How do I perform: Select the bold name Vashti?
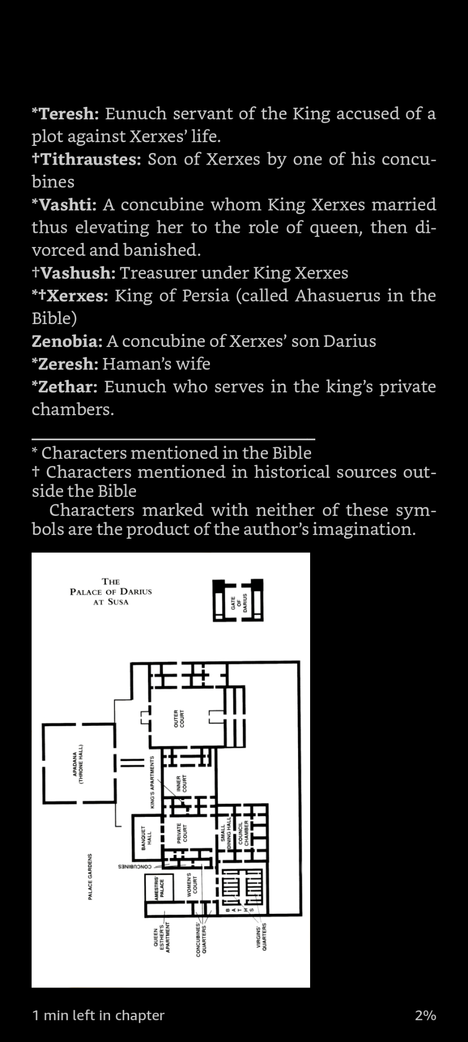pyautogui.click(x=68, y=205)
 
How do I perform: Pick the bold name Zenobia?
pyautogui.click(x=67, y=341)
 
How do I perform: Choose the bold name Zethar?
pyautogui.click(x=68, y=387)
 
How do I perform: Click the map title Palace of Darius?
pyautogui.click(x=111, y=591)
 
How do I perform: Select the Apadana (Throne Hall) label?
pyautogui.click(x=78, y=767)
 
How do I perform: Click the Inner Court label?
pyautogui.click(x=181, y=784)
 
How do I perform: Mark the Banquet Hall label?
pyautogui.click(x=146, y=838)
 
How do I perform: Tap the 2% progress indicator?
pyautogui.click(x=425, y=1015)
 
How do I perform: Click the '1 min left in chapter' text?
pyautogui.click(x=98, y=1015)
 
